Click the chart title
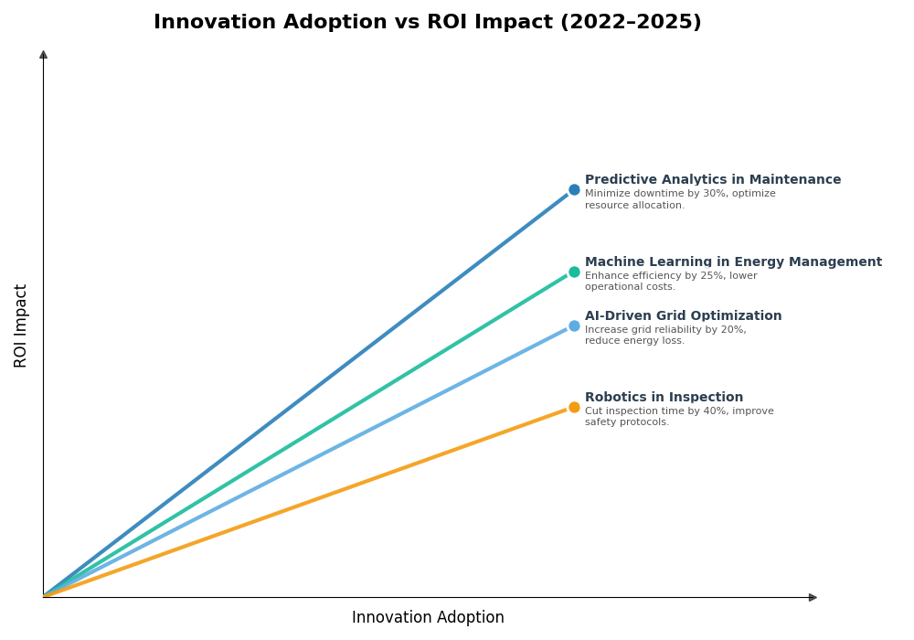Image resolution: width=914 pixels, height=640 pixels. [427, 23]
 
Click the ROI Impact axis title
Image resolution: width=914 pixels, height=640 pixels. [21, 325]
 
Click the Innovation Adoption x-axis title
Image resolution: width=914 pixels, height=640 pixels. [428, 618]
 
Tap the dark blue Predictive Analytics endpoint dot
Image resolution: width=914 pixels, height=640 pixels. [574, 190]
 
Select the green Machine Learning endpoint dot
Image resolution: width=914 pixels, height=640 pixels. [574, 272]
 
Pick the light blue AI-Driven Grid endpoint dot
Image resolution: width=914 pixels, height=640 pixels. [574, 325]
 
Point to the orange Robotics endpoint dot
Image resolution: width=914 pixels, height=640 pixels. [574, 407]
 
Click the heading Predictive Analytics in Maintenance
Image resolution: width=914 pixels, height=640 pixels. [712, 180]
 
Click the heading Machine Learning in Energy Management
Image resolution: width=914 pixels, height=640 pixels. [733, 262]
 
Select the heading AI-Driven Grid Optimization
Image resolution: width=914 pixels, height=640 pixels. [683, 316]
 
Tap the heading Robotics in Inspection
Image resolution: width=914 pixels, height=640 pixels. [664, 398]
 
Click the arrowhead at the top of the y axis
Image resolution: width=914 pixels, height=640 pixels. [43, 55]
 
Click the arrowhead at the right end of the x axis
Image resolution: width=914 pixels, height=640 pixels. [813, 597]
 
